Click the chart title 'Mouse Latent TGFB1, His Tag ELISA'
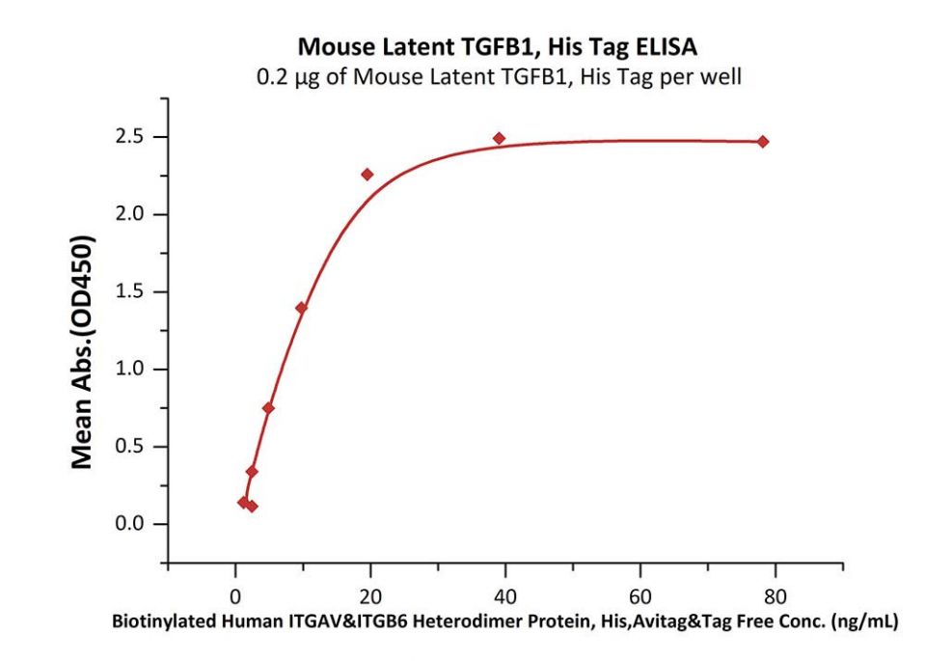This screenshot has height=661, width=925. point(498,46)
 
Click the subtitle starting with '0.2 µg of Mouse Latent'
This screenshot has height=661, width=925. point(498,76)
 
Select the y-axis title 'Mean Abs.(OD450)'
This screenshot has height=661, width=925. point(84,351)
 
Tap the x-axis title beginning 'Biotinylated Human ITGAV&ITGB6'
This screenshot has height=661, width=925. point(505,622)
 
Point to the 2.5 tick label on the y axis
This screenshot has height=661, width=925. point(137,137)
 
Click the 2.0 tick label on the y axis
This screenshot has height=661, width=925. point(137,214)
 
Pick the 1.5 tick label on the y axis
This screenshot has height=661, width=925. point(137,291)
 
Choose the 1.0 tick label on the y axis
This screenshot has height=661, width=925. point(137,370)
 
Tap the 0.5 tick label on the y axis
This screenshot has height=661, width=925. point(137,447)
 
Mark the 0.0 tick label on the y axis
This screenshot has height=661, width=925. point(137,524)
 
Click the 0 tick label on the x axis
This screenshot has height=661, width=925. point(235,592)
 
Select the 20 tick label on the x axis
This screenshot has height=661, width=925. point(370,592)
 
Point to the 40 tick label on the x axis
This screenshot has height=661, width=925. point(505,592)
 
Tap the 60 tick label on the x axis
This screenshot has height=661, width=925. point(639,592)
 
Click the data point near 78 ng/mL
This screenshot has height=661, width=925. point(763,142)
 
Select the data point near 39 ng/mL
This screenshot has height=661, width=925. point(499,139)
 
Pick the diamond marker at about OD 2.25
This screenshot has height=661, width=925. point(367,175)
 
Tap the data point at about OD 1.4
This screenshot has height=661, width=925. point(301,308)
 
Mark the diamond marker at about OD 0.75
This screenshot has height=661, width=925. point(268,408)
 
